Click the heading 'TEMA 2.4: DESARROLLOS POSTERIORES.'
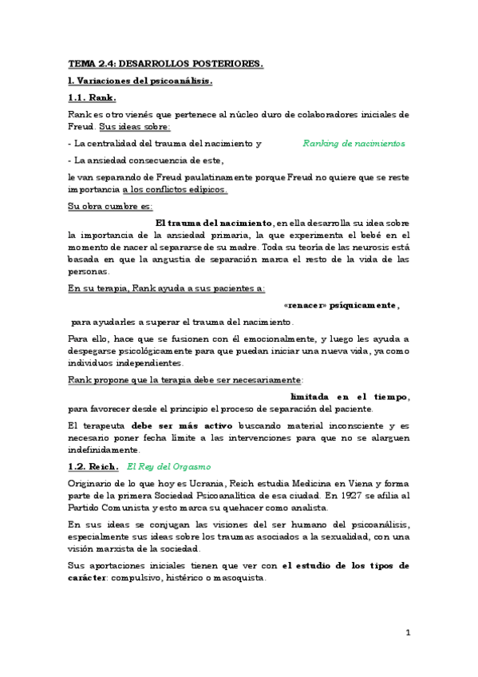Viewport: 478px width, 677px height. point(165,62)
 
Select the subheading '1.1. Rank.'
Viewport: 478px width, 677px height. point(92,97)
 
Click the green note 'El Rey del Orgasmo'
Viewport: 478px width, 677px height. point(169,465)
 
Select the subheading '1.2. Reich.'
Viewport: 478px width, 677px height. point(93,465)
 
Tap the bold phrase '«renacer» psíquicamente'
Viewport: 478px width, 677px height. point(341,305)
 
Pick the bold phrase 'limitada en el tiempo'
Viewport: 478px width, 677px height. point(350,397)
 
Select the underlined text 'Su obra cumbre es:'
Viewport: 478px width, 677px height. point(110,206)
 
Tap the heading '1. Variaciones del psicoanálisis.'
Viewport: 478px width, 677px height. point(140,81)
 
